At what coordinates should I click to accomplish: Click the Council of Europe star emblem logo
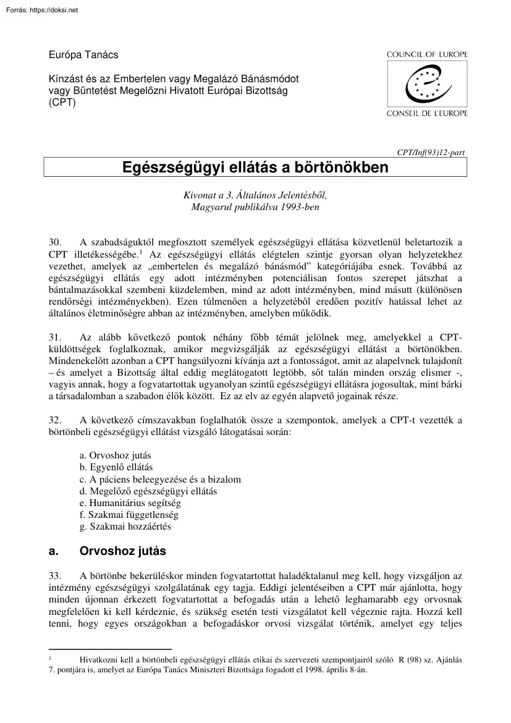pyautogui.click(x=426, y=83)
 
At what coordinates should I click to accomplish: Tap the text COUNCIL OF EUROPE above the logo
pyautogui.click(x=427, y=55)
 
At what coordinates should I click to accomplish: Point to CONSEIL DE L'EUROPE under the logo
pyautogui.click(x=427, y=113)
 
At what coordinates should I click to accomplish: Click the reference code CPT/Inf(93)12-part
pyautogui.click(x=433, y=150)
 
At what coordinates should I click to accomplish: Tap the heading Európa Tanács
pyautogui.click(x=83, y=55)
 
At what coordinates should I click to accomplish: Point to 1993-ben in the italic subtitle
pyautogui.click(x=300, y=207)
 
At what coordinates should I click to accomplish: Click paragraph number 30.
pyautogui.click(x=54, y=242)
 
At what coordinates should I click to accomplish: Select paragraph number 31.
pyautogui.click(x=54, y=337)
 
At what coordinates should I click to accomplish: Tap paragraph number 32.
pyautogui.click(x=54, y=420)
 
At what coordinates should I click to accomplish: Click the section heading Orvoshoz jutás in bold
pyautogui.click(x=123, y=550)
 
